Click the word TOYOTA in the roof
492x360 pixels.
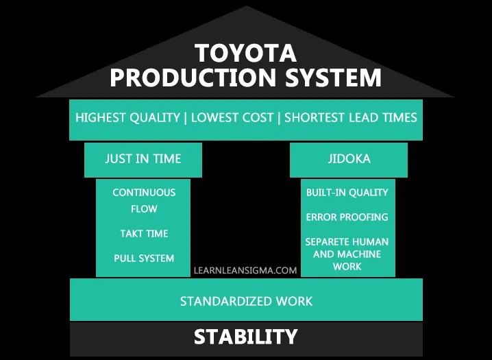[x=246, y=53]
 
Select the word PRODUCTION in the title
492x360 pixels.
[x=193, y=77]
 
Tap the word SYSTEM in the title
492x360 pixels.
[x=333, y=77]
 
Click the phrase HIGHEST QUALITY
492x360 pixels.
[x=127, y=118]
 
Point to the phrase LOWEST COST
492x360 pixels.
[x=232, y=118]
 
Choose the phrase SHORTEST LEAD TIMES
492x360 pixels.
[x=351, y=118]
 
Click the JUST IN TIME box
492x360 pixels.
[x=143, y=160]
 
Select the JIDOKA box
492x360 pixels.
[x=349, y=160]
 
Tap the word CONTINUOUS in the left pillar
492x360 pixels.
[x=144, y=193]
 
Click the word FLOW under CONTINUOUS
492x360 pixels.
[x=144, y=209]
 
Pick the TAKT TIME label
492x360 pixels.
[x=144, y=234]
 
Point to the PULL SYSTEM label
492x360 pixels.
[x=144, y=259]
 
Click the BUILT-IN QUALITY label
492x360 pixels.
[x=347, y=193]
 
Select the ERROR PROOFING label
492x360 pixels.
[x=347, y=217]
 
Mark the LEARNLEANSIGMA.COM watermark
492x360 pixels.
[x=245, y=271]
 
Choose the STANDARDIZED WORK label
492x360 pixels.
[x=246, y=301]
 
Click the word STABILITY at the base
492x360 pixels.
[x=246, y=337]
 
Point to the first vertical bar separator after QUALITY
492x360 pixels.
[x=186, y=118]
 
